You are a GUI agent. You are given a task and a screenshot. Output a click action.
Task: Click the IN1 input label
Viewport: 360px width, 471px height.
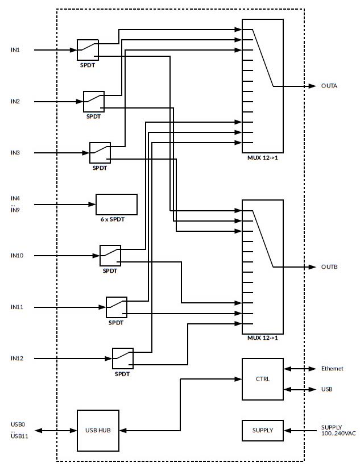pyautogui.click(x=15, y=50)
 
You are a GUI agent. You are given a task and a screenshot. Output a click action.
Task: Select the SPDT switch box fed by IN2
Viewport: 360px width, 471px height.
pyautogui.click(x=94, y=102)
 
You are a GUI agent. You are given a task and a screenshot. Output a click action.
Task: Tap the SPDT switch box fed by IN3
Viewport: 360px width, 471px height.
pyautogui.click(x=100, y=153)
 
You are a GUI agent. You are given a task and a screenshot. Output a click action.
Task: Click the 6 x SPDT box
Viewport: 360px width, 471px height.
pyautogui.click(x=117, y=205)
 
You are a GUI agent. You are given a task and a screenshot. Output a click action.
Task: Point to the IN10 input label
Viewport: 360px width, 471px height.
pyautogui.click(x=17, y=256)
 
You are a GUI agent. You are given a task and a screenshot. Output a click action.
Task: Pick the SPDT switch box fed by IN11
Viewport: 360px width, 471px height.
pyautogui.click(x=117, y=307)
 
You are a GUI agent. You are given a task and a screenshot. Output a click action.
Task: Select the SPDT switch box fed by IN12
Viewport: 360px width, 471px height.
pyautogui.click(x=123, y=359)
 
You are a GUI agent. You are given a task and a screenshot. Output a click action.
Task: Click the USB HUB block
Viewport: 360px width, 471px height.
pyautogui.click(x=98, y=431)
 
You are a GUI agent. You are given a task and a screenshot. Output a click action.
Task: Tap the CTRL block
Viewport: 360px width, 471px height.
pyautogui.click(x=262, y=379)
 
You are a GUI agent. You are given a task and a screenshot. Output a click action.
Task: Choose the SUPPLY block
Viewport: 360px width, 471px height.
pyautogui.click(x=262, y=431)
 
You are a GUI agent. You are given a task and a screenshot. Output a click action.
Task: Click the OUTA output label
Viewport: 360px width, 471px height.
pyautogui.click(x=329, y=86)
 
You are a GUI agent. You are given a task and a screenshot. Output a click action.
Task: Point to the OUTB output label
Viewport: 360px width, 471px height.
pyautogui.click(x=329, y=267)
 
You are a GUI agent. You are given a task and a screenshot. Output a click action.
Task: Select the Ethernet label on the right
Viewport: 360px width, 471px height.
pyautogui.click(x=332, y=369)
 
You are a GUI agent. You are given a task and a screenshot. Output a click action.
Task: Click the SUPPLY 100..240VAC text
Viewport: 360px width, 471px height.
pyautogui.click(x=338, y=430)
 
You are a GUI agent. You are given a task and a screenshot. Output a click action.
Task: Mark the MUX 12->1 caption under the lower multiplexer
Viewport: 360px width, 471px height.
pyautogui.click(x=262, y=339)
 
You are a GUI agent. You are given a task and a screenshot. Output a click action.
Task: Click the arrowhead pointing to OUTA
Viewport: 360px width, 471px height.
pyautogui.click(x=312, y=86)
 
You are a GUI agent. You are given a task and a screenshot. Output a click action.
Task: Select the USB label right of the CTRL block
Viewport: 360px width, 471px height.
pyautogui.click(x=326, y=390)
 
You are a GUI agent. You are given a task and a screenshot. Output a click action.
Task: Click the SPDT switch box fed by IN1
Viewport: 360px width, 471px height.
pyautogui.click(x=88, y=50)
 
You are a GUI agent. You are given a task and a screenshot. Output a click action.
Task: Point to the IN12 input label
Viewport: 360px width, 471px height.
pyautogui.click(x=17, y=359)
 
